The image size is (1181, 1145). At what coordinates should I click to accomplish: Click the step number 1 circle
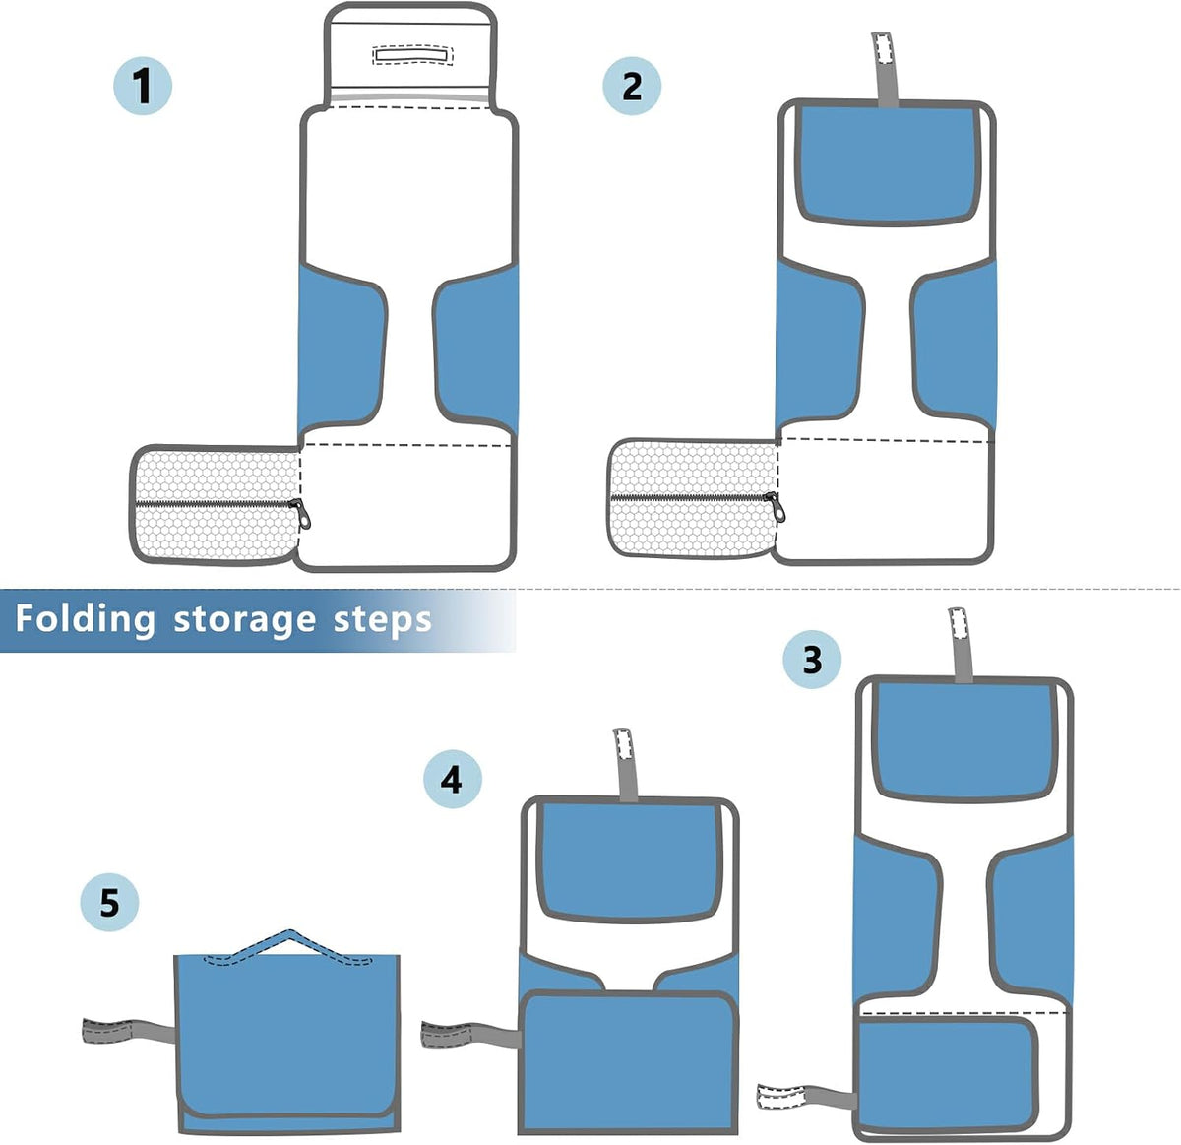coord(143,86)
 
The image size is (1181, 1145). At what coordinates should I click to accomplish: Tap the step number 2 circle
coord(631,86)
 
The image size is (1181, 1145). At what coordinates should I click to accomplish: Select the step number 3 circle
coord(812,660)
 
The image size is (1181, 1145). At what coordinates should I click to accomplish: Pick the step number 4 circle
coord(452,779)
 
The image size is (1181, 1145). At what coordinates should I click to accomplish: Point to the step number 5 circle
coord(109,902)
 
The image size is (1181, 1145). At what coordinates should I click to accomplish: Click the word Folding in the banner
coord(85,620)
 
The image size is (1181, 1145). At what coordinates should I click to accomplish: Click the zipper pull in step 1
coord(301,513)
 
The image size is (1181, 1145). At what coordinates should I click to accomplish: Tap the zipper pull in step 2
coord(777,507)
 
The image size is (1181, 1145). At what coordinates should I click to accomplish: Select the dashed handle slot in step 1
coord(412,54)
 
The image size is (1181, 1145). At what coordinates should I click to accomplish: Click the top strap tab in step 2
coord(885,69)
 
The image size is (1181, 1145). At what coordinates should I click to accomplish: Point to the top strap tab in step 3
coord(962,645)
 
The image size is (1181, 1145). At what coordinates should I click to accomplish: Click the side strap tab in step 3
coord(807,1095)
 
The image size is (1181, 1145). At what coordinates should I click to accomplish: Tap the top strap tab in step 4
coord(625,764)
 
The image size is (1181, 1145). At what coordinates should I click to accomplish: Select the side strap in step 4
coord(471,1034)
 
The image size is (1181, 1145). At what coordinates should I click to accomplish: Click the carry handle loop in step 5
coord(288,947)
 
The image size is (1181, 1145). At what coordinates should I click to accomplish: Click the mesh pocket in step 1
coord(216,505)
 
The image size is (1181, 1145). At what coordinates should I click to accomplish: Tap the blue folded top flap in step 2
coord(888,163)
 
